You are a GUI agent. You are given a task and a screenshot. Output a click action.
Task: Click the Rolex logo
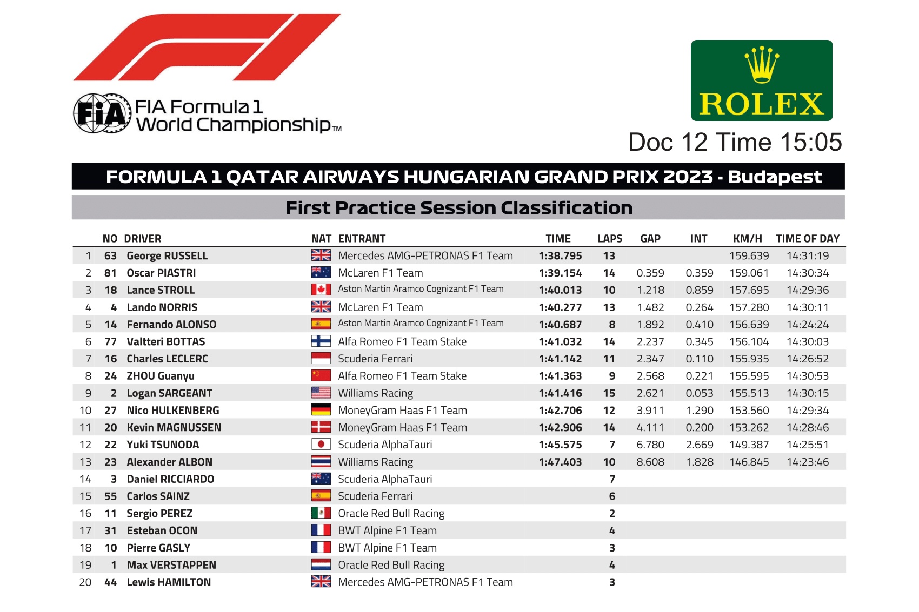coord(762,80)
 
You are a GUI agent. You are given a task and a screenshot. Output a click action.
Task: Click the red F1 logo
coord(207,47)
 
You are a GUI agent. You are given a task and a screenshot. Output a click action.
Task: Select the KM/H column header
coord(748,239)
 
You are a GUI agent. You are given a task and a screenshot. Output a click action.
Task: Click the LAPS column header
coord(610,239)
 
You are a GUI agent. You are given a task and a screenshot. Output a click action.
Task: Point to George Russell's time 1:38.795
coord(560,256)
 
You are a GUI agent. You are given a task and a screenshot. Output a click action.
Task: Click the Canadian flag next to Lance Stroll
coord(321,290)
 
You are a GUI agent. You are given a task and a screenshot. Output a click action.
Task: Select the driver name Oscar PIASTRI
coord(161,273)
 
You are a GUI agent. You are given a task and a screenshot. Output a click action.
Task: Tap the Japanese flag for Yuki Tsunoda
coord(321,445)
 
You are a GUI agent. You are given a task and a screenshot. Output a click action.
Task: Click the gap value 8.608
coord(650,462)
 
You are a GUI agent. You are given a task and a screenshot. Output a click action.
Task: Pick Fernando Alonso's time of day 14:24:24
coord(808,325)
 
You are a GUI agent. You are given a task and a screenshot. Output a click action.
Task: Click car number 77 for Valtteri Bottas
coord(110,342)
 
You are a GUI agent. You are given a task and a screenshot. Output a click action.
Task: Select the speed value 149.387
coord(749,445)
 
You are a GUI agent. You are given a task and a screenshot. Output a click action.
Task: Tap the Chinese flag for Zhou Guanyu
coord(321,375)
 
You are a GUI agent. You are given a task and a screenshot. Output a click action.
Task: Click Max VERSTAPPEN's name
coord(171,565)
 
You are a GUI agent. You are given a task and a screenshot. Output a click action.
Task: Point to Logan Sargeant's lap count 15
coord(609,393)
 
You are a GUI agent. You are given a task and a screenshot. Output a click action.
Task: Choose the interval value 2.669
coord(700,445)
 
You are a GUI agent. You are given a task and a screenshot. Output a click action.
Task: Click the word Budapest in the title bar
coord(775,177)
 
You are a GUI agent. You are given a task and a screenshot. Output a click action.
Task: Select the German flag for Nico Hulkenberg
coord(321,410)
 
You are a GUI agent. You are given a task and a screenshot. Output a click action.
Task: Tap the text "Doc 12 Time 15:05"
coord(735,142)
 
